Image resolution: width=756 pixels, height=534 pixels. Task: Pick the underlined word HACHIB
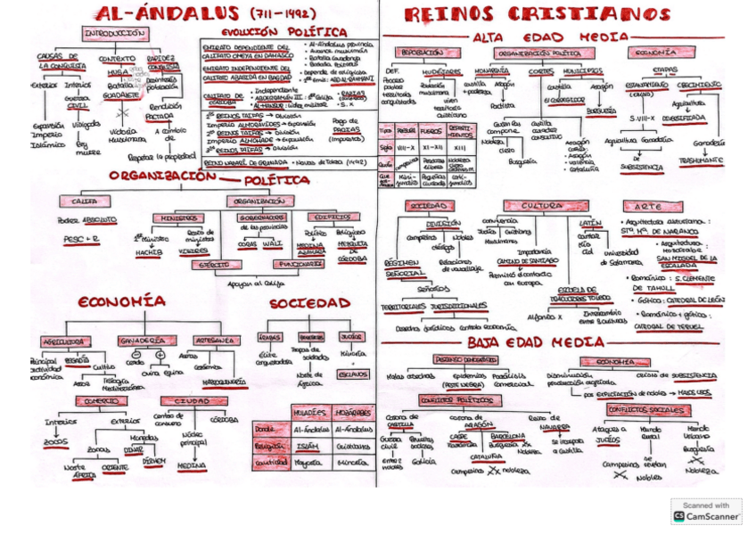[149, 252]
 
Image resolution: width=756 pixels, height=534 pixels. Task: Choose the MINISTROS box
[177, 218]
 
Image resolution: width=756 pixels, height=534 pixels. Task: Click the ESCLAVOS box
[353, 374]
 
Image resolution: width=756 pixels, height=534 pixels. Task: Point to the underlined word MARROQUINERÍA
[224, 382]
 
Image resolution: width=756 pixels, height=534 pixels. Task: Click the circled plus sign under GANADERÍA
[160, 354]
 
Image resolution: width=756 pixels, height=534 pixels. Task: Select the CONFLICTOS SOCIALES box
[640, 409]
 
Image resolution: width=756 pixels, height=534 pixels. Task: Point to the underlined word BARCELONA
[507, 437]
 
